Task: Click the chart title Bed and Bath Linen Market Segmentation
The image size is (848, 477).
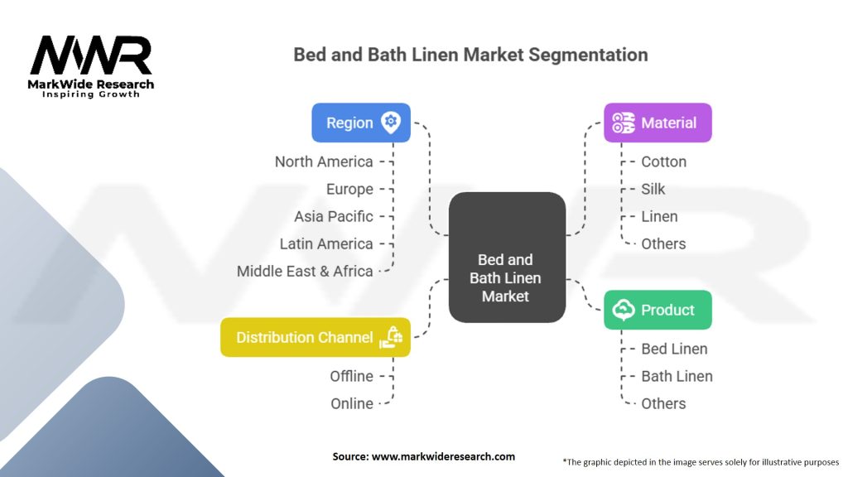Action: tap(470, 55)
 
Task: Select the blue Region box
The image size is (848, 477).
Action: tap(360, 123)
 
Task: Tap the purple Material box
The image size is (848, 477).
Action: tap(658, 123)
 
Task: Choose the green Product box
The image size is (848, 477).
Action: tap(658, 310)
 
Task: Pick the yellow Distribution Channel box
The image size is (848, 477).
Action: tap(315, 337)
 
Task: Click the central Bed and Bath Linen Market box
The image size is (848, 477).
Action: tap(507, 277)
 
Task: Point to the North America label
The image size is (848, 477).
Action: tap(324, 161)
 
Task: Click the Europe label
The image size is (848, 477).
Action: tap(349, 189)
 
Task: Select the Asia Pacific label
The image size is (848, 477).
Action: tap(334, 216)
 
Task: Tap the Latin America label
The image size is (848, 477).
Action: tap(326, 243)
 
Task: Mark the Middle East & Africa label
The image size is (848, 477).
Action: tap(305, 271)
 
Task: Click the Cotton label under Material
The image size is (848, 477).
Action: tap(663, 161)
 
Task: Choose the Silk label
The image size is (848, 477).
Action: tap(653, 189)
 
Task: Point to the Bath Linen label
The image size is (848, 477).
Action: tap(677, 376)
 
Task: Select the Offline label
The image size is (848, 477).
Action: tap(351, 376)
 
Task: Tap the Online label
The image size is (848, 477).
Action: tap(351, 403)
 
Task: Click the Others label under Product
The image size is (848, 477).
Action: tap(663, 403)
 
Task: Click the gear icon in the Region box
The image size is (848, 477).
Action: tap(391, 123)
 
